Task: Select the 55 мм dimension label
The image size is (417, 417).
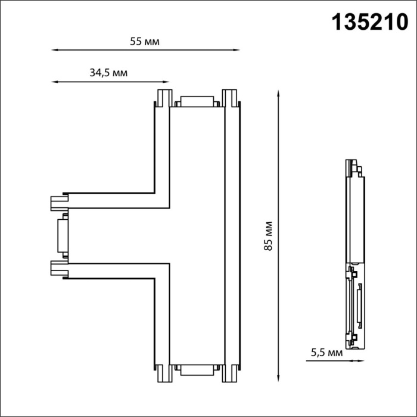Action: [x=145, y=41]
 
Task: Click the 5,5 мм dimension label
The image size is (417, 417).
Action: [x=327, y=353]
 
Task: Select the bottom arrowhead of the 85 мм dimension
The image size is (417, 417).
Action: [x=279, y=379]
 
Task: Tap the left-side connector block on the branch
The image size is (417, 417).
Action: [x=61, y=235]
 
